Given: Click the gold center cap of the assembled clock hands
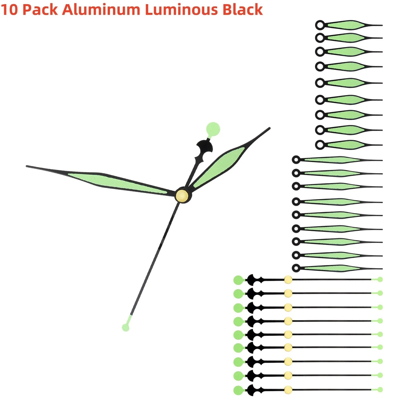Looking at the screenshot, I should click(x=182, y=195).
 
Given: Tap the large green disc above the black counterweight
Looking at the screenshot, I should click(x=213, y=129).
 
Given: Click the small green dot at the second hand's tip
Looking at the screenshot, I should click(x=125, y=328).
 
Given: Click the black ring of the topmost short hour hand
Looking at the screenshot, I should click(x=320, y=25).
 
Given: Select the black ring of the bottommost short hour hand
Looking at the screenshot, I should click(x=320, y=145).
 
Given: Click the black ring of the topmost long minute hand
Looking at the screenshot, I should click(x=296, y=160).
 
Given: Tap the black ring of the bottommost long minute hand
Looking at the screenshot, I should click(x=296, y=268).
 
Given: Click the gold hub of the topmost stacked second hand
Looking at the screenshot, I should click(x=288, y=280).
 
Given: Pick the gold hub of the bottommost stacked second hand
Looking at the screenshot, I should click(x=288, y=390).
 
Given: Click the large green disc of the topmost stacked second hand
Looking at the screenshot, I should click(x=238, y=280).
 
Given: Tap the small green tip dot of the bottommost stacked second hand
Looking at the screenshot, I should click(x=380, y=389).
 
